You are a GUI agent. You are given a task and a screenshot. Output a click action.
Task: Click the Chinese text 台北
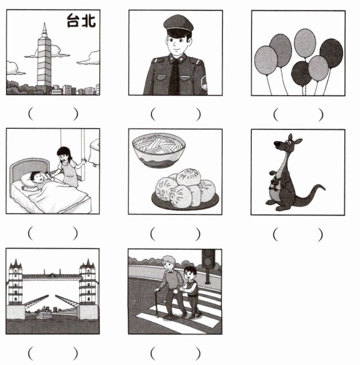81,20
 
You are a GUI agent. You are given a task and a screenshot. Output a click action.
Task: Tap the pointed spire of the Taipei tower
44,30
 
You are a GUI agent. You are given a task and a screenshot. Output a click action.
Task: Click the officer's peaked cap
178,24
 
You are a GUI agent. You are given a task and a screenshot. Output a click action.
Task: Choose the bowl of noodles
159,150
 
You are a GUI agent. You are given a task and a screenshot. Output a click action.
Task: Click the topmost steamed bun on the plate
188,177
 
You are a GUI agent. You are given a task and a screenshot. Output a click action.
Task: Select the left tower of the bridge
15,282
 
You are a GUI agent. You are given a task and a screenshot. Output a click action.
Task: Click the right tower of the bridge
88,282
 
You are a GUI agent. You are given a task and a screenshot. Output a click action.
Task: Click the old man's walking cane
156,303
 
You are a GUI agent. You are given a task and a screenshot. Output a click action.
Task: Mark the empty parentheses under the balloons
298,115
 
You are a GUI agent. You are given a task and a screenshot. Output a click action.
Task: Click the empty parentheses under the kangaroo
298,234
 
